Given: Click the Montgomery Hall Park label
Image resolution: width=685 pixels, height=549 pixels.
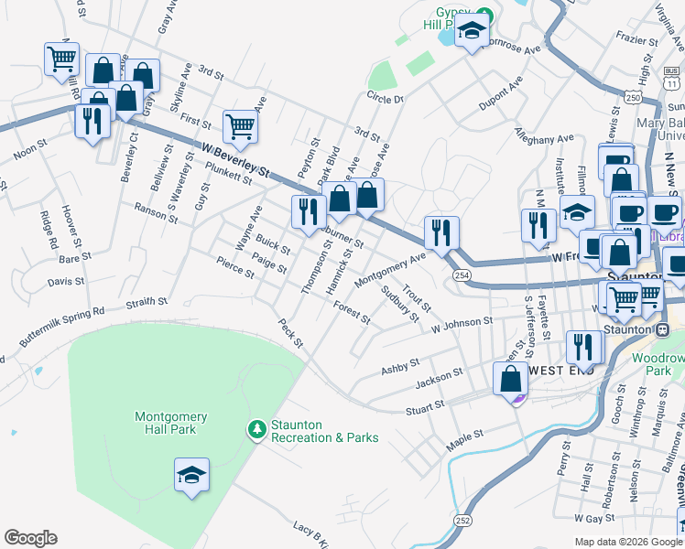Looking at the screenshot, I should (x=170, y=423).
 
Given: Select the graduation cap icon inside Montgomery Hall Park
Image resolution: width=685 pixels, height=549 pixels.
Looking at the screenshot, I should (x=192, y=475).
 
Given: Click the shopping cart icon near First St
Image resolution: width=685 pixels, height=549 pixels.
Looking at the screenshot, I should (x=240, y=125).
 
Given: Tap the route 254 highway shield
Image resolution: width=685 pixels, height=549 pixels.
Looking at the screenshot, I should (x=462, y=274).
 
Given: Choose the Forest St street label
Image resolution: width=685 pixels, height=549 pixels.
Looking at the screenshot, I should (x=352, y=313).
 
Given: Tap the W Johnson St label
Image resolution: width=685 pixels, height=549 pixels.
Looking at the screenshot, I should (x=462, y=323).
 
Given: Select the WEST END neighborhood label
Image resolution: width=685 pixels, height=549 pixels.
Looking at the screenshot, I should (x=560, y=371).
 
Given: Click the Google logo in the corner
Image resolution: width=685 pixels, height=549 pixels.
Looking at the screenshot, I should (x=30, y=538).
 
